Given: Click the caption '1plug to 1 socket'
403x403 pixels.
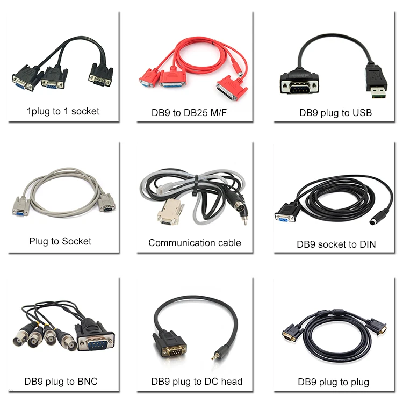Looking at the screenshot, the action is point(63,112).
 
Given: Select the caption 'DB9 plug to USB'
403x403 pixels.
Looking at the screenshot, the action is point(335,113).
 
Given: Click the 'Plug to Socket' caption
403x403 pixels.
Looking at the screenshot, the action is point(60,241).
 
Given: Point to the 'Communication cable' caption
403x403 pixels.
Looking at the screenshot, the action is point(195,242).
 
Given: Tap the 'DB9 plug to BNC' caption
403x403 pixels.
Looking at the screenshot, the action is point(61,382).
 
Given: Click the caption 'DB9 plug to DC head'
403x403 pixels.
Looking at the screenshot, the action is point(197,382).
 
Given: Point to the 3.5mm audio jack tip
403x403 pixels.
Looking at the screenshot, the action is point(215,356).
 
